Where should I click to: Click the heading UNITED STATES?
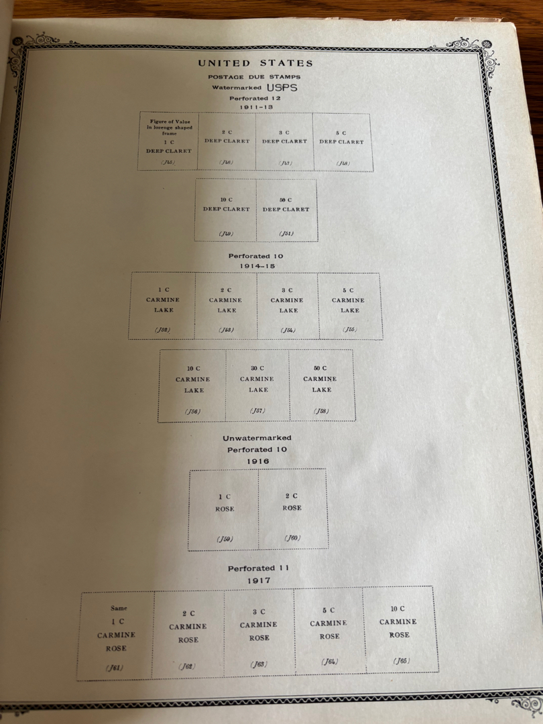(255, 64)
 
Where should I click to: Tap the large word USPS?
(282, 88)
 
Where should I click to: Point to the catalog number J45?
(168, 162)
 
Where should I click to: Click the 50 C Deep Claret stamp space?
(286, 209)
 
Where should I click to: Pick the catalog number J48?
(343, 163)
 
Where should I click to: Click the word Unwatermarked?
(257, 438)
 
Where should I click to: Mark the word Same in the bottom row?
(118, 608)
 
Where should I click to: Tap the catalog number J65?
(401, 660)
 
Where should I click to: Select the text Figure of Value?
(165, 121)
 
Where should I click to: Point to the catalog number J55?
(350, 330)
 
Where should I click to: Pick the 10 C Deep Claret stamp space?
(226, 209)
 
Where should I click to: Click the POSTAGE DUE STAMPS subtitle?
(254, 77)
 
